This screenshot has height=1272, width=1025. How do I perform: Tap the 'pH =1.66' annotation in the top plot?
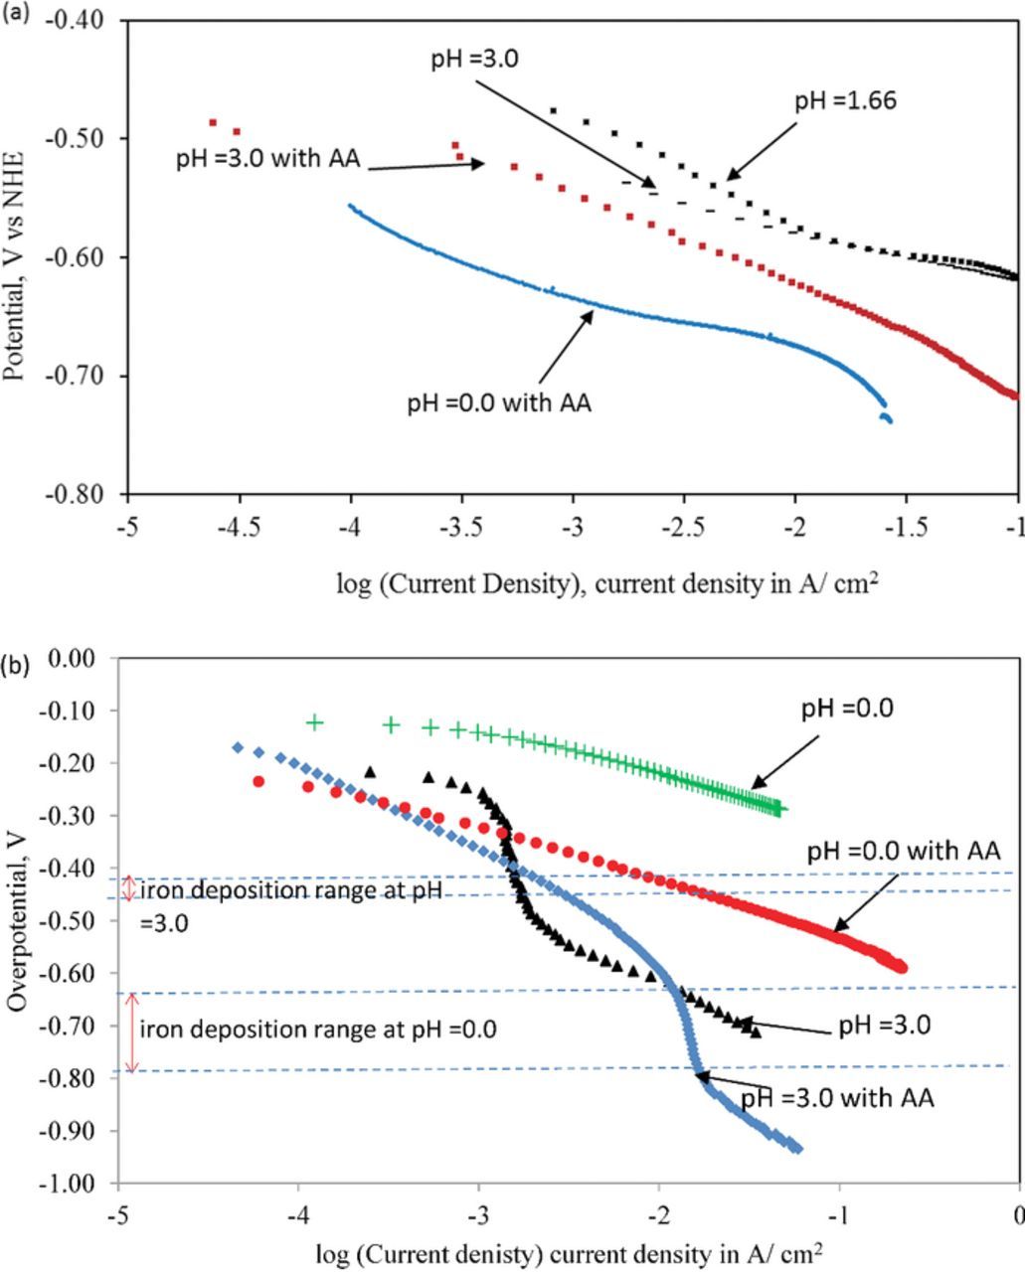pos(845,101)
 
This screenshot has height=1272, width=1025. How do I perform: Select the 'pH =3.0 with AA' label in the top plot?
pos(267,159)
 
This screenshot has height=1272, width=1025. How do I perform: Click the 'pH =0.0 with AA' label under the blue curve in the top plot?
pos(499,404)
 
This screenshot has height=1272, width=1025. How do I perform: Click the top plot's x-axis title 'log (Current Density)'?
pos(606,583)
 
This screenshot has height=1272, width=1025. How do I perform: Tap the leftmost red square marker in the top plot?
pos(213,122)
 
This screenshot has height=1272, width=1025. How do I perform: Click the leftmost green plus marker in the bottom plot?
pos(315,722)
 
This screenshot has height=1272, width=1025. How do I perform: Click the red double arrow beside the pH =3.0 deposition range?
pos(127,887)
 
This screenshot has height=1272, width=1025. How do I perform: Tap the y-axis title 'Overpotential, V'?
pos(16,919)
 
